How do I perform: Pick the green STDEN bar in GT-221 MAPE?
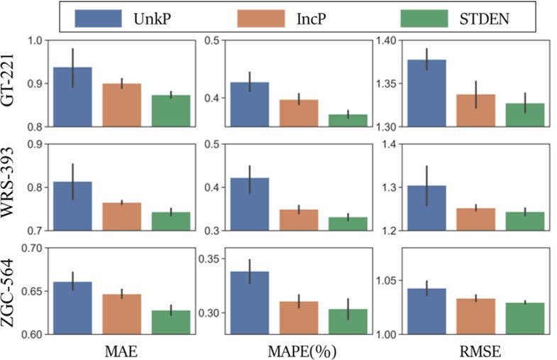click(348, 121)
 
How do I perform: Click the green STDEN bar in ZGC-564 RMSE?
click(524, 319)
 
